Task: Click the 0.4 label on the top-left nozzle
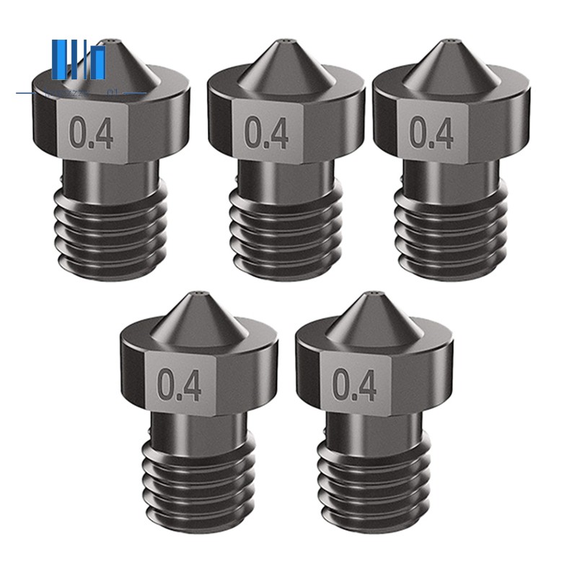92,134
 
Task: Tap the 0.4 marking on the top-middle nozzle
267,133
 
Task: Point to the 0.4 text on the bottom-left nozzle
180,385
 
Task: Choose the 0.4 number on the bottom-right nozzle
355,385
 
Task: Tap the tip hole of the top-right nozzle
452,43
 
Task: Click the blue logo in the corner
79,62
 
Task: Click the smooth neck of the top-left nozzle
110,177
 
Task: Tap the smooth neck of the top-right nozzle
452,177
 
